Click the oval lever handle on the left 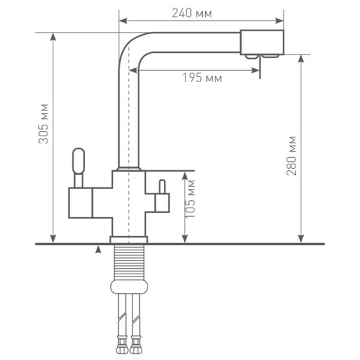[x=79, y=161]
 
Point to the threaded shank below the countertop [x=128, y=262]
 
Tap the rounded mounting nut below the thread [x=128, y=286]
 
